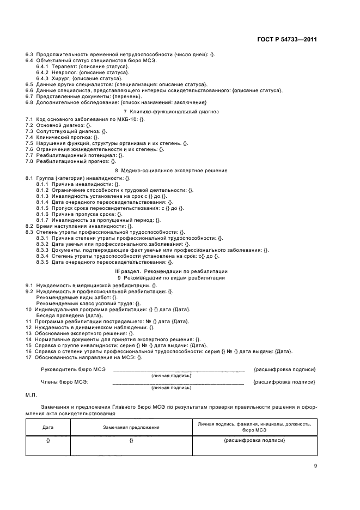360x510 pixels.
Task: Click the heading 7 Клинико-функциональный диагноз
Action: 171,111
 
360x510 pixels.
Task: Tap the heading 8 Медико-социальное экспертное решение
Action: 171,171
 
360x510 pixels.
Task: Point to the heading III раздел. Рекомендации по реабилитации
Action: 171,271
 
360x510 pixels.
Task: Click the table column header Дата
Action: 48,427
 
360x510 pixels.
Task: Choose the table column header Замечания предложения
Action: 131,427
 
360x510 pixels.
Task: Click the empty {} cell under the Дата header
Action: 48,440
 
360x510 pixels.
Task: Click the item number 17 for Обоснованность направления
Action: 29,357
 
